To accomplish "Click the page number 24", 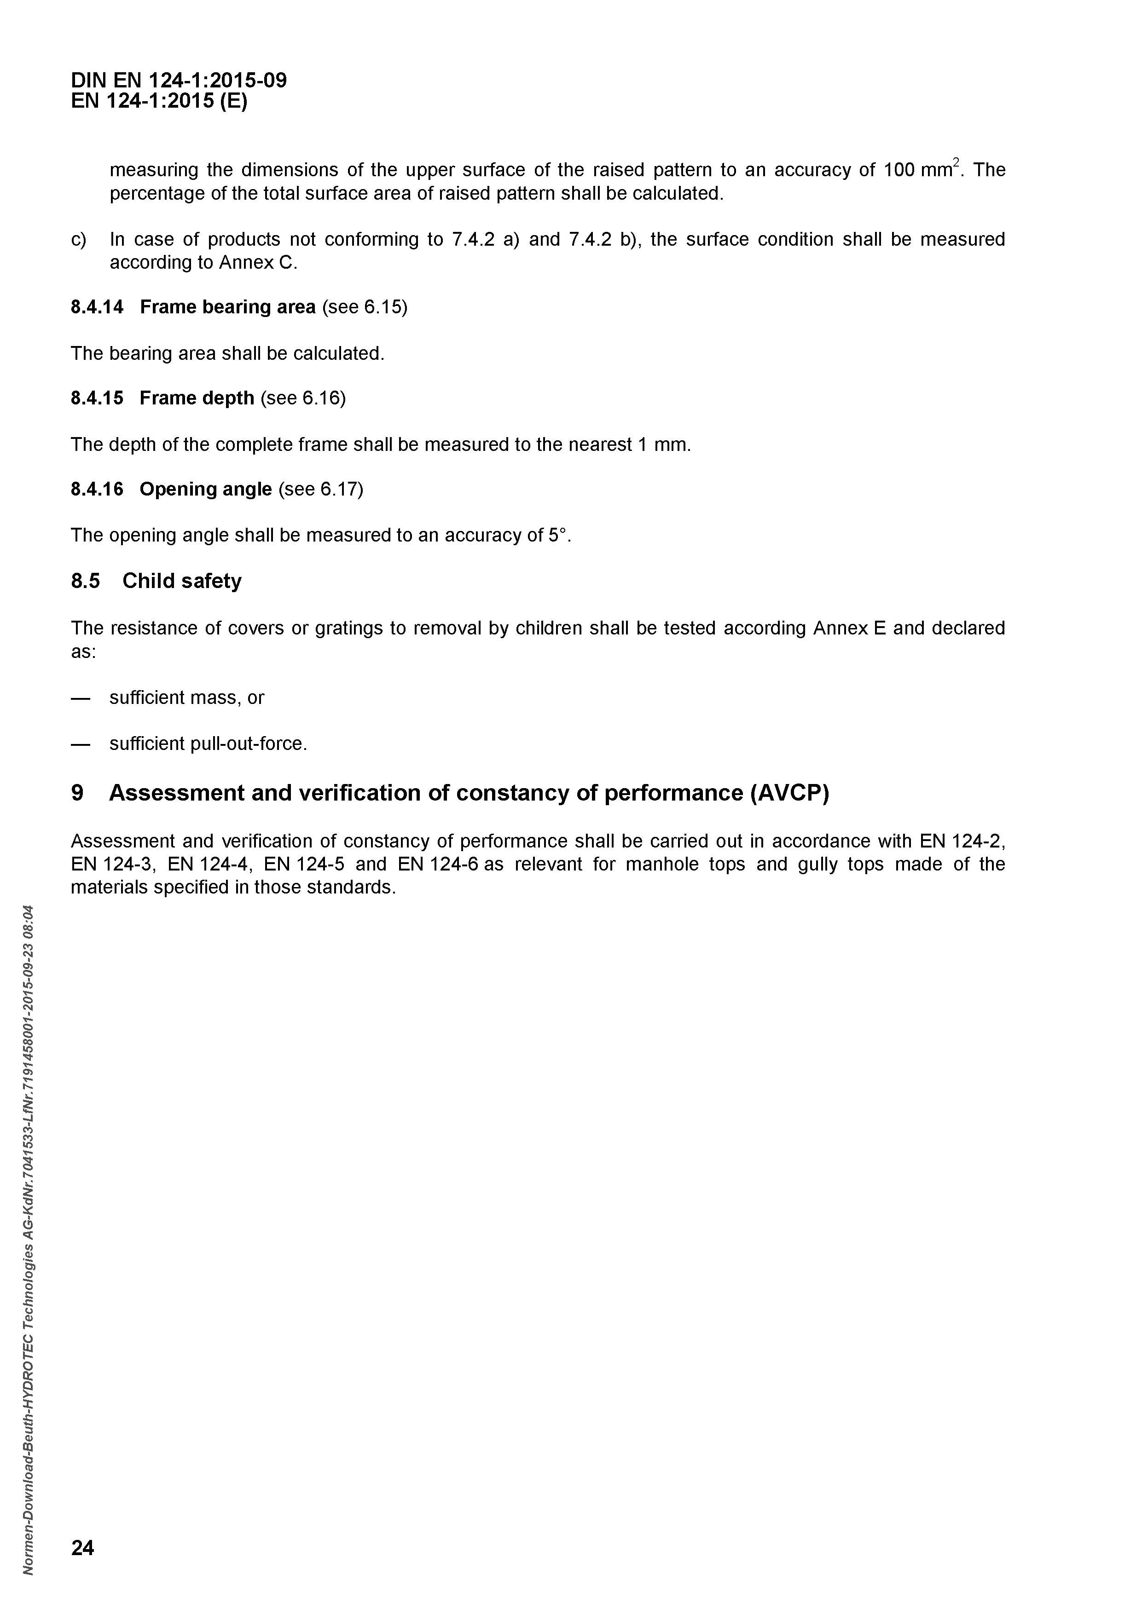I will tap(82, 1547).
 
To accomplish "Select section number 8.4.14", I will tap(97, 307).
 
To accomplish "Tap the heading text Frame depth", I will tap(197, 398).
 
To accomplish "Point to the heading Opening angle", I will tap(205, 489).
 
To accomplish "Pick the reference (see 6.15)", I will tap(364, 307).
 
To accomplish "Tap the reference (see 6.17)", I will tap(321, 489).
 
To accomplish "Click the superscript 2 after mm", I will tap(956, 164).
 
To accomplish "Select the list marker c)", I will tap(78, 240).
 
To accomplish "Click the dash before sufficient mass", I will tap(81, 698).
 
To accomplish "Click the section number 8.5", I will tap(85, 582).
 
